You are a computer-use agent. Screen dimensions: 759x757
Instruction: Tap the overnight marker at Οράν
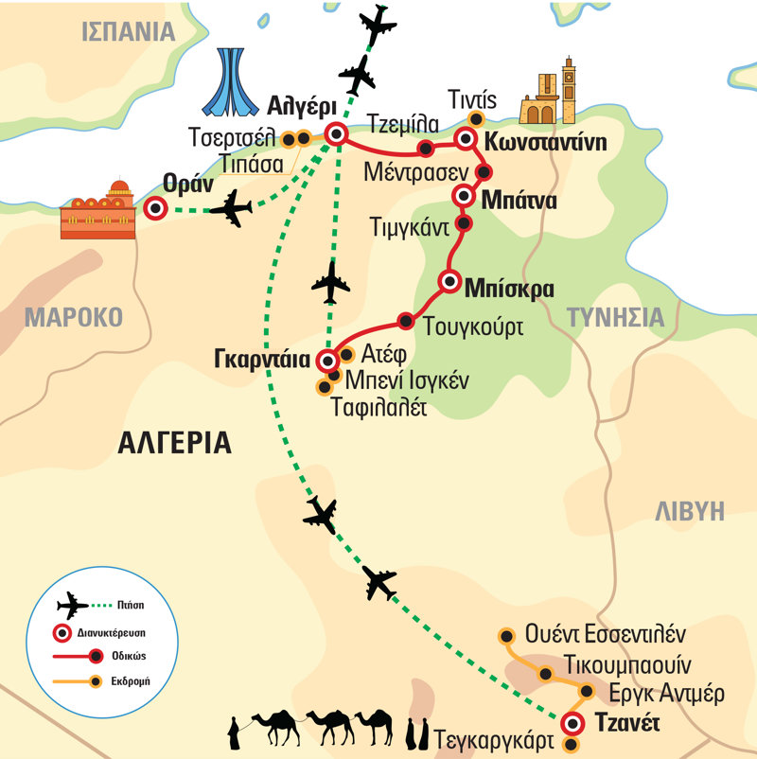pos(156,209)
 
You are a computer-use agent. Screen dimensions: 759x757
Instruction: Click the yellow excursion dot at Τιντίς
pos(476,119)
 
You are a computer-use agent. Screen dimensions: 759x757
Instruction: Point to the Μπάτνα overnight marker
pos(464,196)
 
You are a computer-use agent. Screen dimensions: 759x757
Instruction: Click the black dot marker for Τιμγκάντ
pos(464,223)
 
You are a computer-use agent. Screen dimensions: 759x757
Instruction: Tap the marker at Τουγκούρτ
pos(406,320)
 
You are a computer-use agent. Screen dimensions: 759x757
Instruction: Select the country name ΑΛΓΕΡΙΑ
pos(176,442)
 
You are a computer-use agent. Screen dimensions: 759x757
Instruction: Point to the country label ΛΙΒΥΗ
pos(690,511)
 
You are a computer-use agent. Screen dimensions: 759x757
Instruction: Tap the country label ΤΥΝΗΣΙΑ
pos(615,317)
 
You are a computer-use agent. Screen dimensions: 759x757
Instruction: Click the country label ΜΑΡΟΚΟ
pos(75,316)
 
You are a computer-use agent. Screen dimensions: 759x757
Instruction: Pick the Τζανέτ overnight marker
pos(572,724)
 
